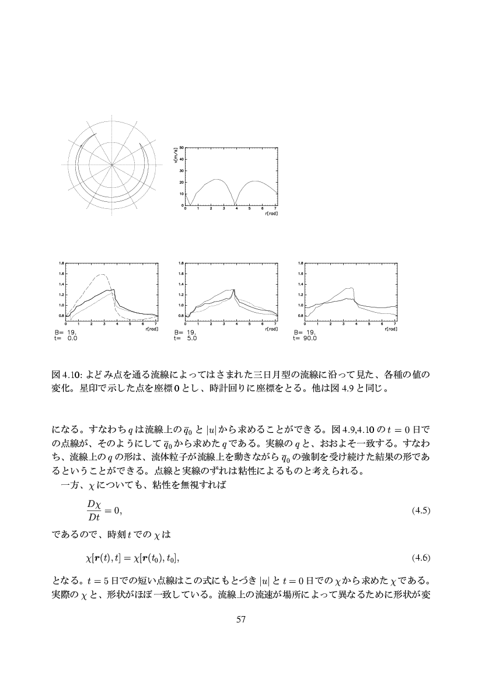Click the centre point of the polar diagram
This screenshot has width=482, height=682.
tap(111, 166)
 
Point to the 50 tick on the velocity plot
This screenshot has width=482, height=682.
tap(181, 148)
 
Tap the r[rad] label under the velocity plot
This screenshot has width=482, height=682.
tap(270, 214)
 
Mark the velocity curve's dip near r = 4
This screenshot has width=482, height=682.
tap(235, 205)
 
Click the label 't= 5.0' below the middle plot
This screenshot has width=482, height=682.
tap(181, 337)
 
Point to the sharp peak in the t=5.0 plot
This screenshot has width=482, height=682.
tap(233, 290)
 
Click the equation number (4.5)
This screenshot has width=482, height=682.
tap(420, 510)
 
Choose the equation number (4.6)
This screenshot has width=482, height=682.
tap(420, 558)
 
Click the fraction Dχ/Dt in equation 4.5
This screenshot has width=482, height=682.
tap(93, 510)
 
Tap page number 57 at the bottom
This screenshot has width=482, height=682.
tap(240, 619)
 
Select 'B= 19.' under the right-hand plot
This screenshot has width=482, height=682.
tap(303, 332)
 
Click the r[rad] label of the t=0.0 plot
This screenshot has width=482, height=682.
tap(151, 330)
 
